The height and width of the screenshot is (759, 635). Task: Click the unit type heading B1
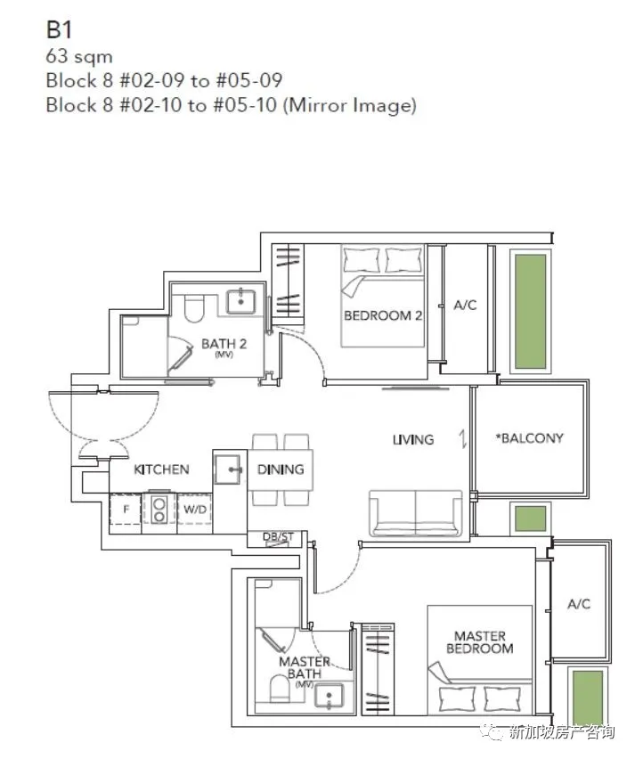click(x=59, y=29)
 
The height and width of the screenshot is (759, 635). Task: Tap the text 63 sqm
click(x=79, y=56)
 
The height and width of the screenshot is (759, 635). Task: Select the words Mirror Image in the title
click(x=349, y=105)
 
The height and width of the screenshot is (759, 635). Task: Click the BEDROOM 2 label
click(x=383, y=315)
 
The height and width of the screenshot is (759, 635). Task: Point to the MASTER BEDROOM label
click(x=480, y=642)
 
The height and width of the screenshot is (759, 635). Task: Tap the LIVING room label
click(x=413, y=439)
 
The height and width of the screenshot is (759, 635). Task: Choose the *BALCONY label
click(x=530, y=438)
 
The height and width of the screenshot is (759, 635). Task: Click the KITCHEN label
click(x=161, y=469)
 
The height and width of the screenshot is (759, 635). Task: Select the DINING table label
click(x=281, y=469)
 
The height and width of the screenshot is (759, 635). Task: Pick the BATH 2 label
click(x=224, y=344)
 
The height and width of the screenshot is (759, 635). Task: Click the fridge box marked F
click(x=126, y=510)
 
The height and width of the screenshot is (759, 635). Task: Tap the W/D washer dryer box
click(x=194, y=510)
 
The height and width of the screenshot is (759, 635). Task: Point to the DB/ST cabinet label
click(x=278, y=536)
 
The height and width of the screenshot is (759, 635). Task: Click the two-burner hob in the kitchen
click(x=159, y=510)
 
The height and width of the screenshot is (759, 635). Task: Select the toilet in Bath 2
click(x=194, y=308)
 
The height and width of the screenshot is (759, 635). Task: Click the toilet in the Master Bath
click(x=280, y=689)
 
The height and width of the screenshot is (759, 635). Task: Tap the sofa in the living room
click(x=416, y=512)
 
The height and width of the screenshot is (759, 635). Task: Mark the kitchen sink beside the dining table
click(x=227, y=469)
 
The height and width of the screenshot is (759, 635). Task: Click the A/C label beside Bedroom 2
click(x=465, y=305)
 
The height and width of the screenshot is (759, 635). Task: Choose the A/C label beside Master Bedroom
click(x=579, y=604)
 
